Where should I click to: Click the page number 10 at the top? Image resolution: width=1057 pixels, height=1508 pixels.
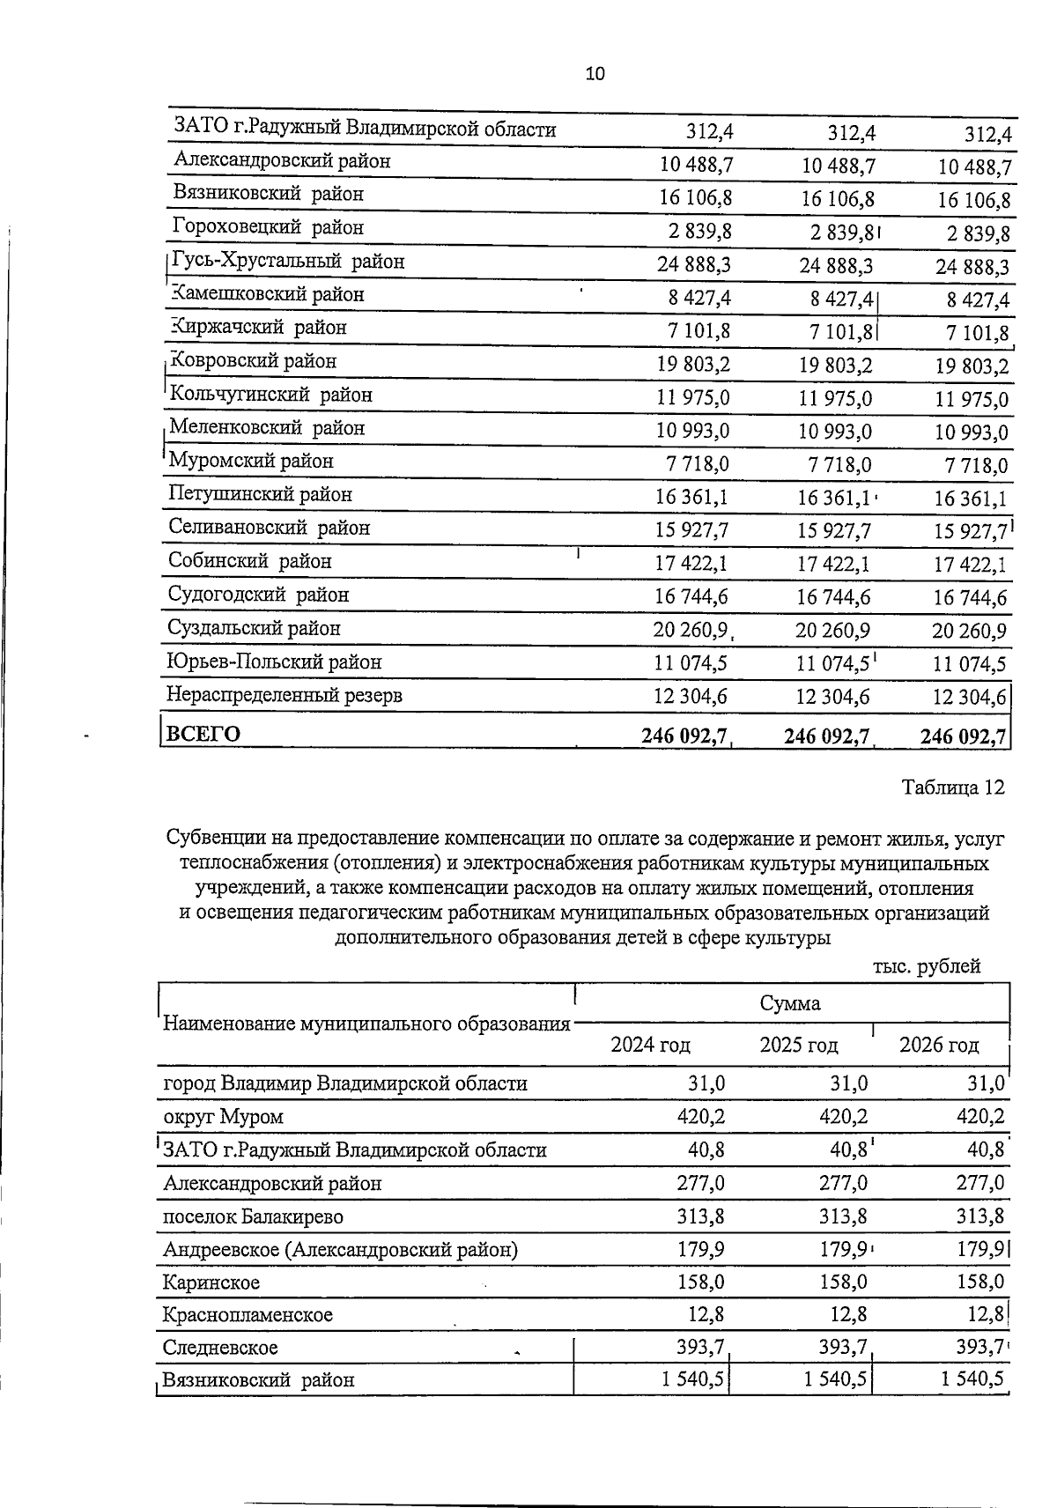(595, 75)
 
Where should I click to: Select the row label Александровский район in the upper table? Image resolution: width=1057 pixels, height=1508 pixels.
(282, 161)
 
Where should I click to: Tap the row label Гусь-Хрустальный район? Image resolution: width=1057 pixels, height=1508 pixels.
(288, 262)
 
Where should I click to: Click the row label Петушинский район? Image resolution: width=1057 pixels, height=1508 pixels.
(260, 495)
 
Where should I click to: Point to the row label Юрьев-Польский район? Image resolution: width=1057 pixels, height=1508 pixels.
(274, 662)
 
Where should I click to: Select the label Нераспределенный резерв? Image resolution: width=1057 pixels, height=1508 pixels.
(284, 696)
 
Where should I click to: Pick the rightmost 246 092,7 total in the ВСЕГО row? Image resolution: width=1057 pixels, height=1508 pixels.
(964, 736)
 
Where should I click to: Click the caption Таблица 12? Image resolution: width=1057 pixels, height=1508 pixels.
(952, 787)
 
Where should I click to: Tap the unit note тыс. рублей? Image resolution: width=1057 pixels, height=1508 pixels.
(927, 966)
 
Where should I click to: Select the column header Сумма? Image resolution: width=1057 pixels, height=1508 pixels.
(790, 1003)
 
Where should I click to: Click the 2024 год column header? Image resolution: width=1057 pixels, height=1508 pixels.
(650, 1046)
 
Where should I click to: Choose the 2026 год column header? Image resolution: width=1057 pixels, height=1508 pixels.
(938, 1046)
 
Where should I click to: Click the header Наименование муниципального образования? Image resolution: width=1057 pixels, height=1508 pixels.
(366, 1024)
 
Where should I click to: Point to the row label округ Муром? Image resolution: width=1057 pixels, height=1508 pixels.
(224, 1118)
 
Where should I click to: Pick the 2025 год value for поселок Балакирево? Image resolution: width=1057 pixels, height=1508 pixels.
(843, 1217)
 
